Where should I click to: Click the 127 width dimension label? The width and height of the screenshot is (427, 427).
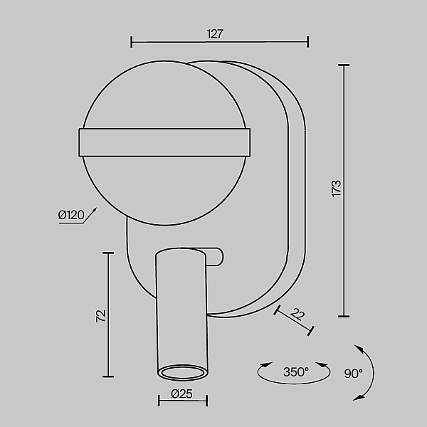click(215, 33)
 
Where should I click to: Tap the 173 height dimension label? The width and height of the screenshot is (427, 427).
click(337, 189)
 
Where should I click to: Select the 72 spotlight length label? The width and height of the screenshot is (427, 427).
click(101, 316)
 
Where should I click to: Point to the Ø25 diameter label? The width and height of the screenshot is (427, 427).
click(181, 394)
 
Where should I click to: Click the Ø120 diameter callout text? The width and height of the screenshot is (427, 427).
click(71, 215)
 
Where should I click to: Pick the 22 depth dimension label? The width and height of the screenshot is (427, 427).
click(297, 314)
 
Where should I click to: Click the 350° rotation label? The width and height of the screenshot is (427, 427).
click(296, 371)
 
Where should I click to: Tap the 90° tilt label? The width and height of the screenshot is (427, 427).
click(354, 374)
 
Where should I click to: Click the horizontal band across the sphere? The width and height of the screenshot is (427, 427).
click(164, 142)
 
